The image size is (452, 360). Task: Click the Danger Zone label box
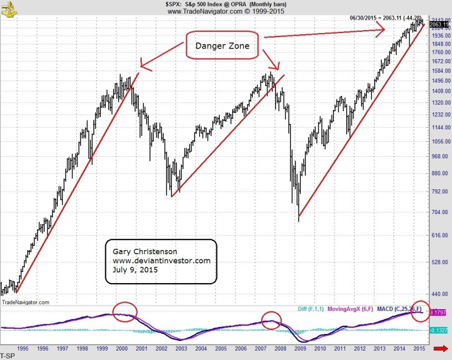click(x=224, y=45)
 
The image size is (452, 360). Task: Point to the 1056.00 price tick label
click(x=438, y=141)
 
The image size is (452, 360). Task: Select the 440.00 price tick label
click(x=438, y=294)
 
